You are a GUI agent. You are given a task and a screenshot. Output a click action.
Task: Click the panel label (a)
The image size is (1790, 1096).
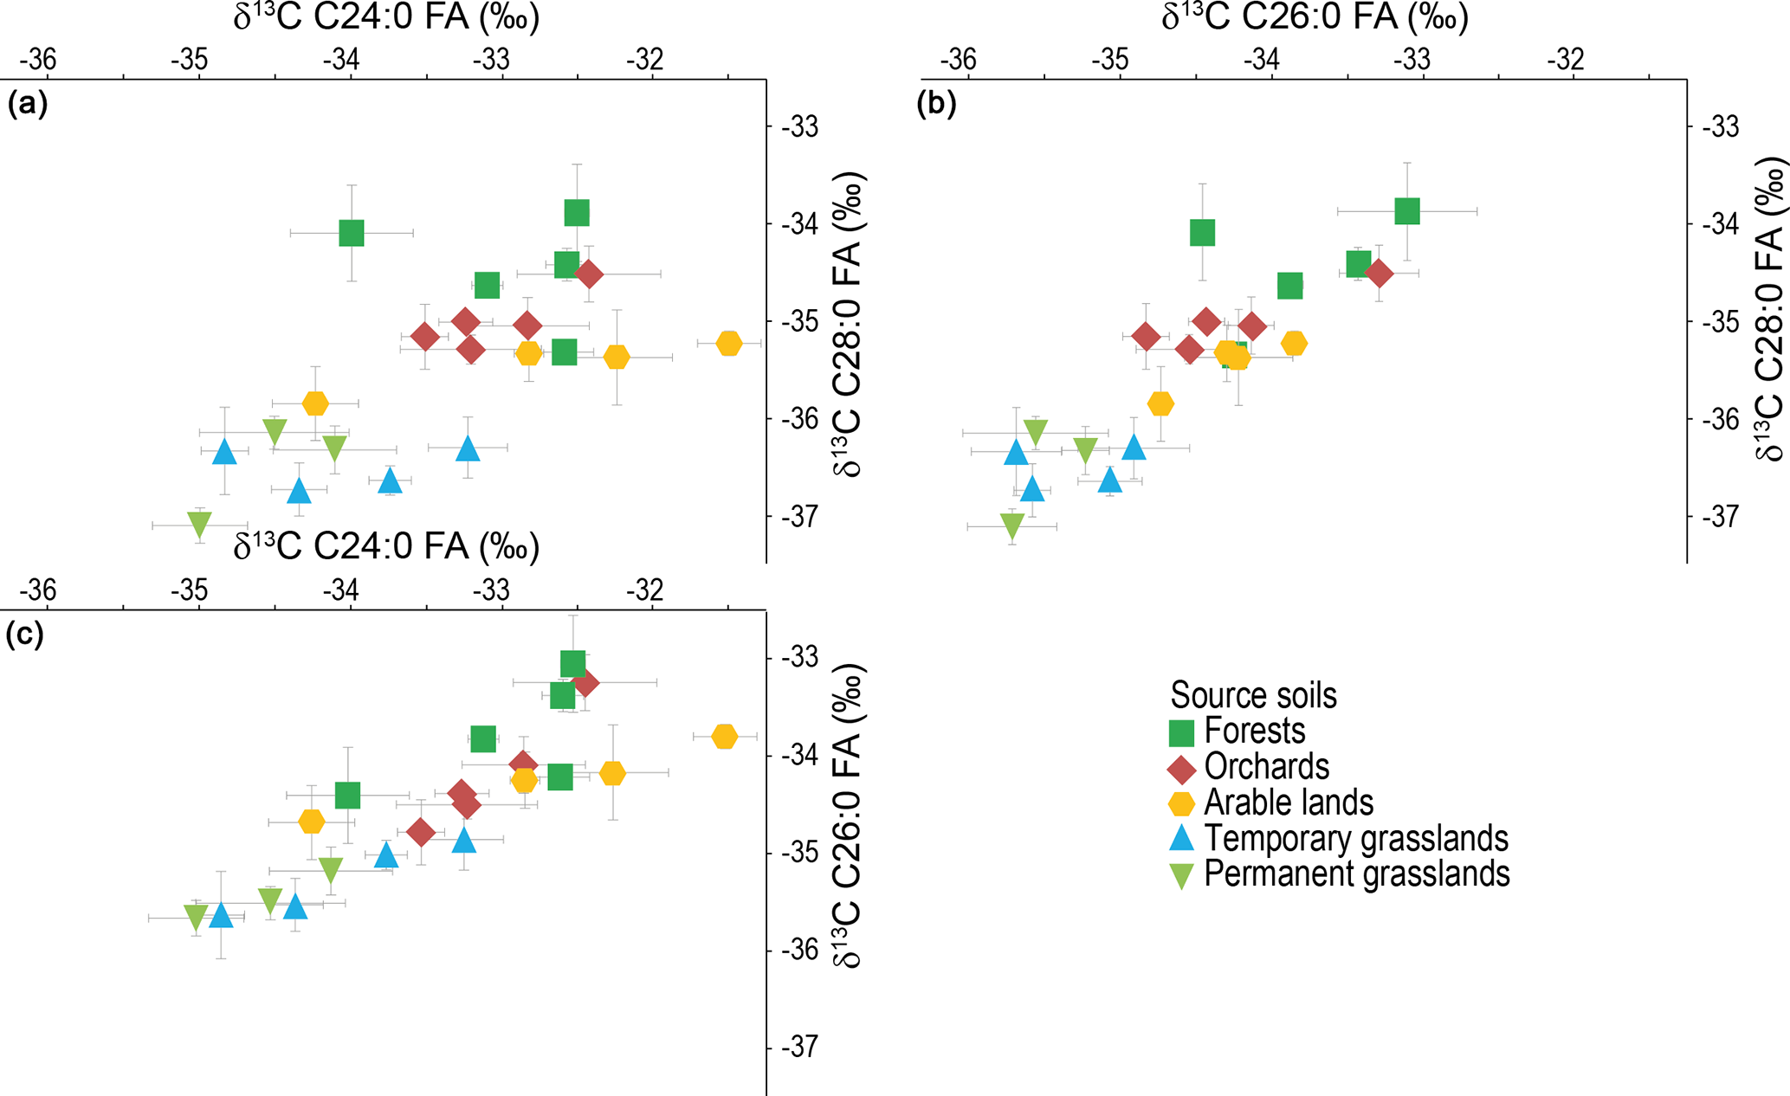tap(27, 105)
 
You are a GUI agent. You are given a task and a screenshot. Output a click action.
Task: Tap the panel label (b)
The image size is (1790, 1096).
tap(936, 105)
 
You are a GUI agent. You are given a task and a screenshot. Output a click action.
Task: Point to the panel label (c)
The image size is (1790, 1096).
tap(25, 635)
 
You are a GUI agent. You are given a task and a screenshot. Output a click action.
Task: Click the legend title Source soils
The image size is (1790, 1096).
tap(1253, 695)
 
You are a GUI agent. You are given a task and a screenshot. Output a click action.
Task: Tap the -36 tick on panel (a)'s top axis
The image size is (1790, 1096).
tap(37, 60)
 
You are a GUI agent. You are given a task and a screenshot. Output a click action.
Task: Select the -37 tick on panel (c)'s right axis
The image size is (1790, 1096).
tap(799, 1048)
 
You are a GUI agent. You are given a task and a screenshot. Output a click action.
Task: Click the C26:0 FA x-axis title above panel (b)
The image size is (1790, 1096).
tap(1315, 18)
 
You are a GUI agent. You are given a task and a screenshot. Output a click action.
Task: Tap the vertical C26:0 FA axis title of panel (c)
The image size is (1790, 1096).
tap(848, 816)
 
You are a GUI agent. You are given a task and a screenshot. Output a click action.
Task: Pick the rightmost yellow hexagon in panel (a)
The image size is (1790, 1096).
tap(729, 344)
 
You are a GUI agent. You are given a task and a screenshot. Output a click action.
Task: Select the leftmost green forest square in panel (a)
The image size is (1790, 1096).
tap(351, 233)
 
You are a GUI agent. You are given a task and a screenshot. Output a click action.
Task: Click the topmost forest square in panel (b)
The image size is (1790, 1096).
tap(1407, 210)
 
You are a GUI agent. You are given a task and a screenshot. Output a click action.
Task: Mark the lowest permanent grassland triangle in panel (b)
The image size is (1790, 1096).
tap(1011, 525)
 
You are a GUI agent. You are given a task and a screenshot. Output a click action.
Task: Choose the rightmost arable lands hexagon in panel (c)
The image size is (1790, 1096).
tap(725, 737)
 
